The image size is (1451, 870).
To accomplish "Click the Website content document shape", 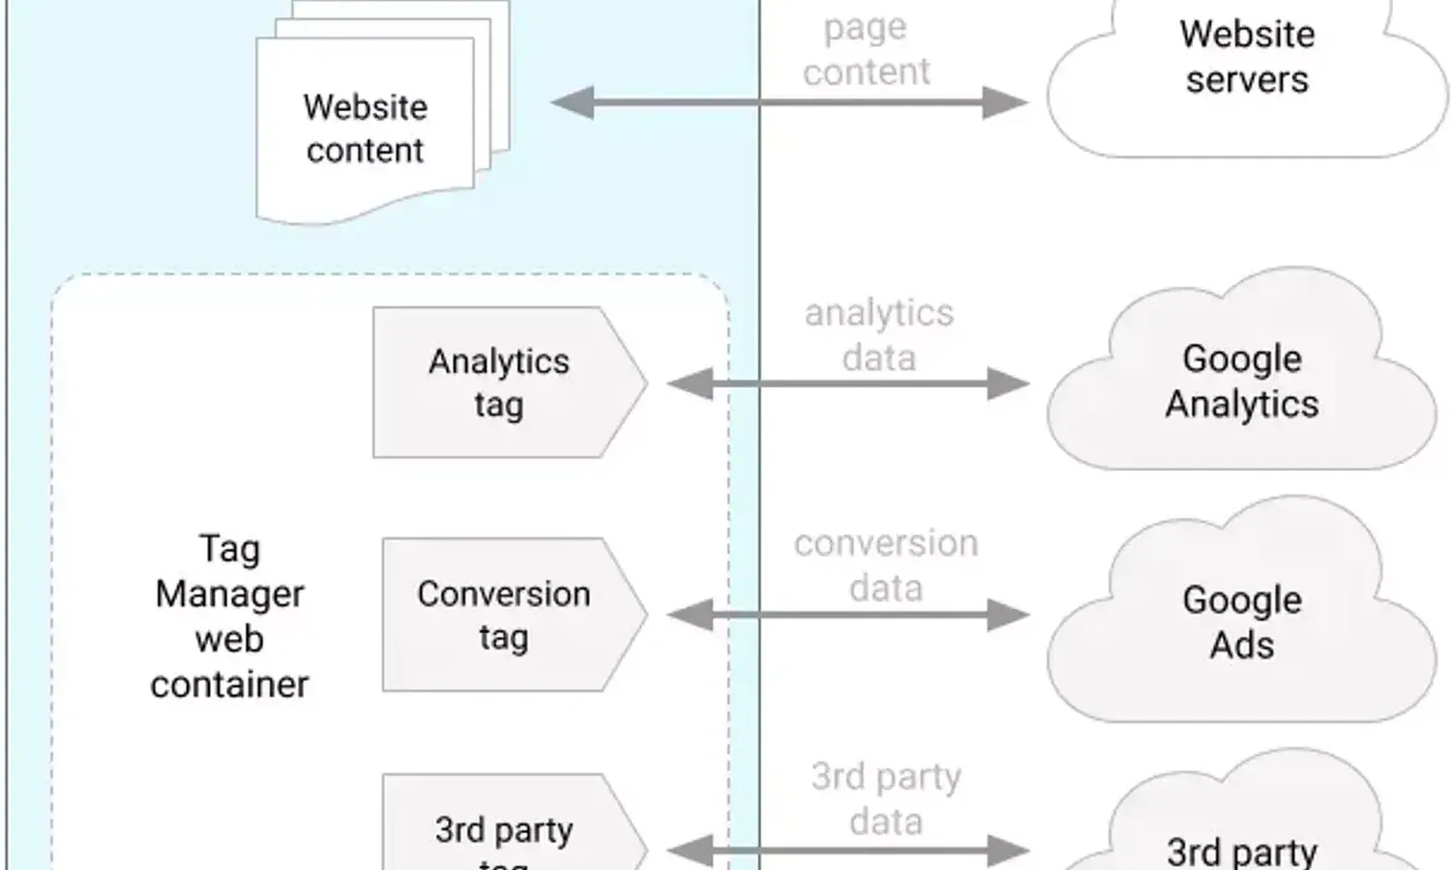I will pos(365,130).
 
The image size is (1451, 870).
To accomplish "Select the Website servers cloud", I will pos(1246,68).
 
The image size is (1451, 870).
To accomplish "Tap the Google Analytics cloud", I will pos(1242,381).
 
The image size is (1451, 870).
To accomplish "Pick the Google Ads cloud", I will pos(1242,622).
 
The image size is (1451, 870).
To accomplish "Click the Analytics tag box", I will pos(500,383).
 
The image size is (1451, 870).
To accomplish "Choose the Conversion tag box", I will pos(504,615).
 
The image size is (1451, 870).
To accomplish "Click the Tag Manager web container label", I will pos(229,616).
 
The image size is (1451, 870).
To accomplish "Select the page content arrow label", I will pos(866,49).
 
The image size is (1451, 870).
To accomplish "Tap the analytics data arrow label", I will pos(878,334).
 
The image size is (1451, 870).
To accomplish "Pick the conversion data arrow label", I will pos(886,565).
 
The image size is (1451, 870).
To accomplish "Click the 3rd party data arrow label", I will pos(886,798).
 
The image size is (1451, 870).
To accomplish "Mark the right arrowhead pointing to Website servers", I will pos(1006,102).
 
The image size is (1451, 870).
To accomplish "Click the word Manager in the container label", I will pos(229,594).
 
